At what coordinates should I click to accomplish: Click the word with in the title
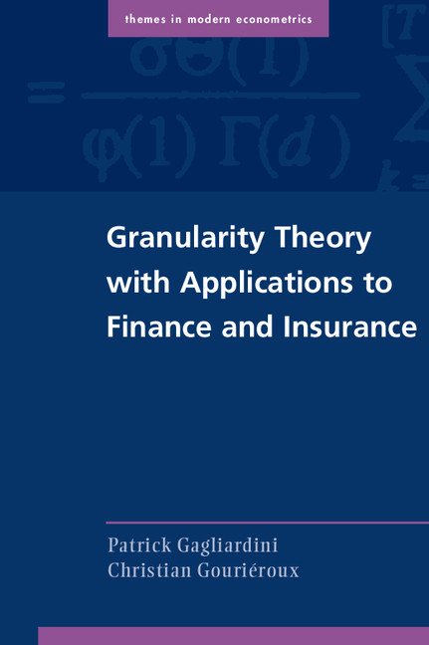135,283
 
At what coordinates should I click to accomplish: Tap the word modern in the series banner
220,19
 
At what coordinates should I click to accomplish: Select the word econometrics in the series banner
282,19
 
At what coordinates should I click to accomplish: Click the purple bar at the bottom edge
233,636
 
